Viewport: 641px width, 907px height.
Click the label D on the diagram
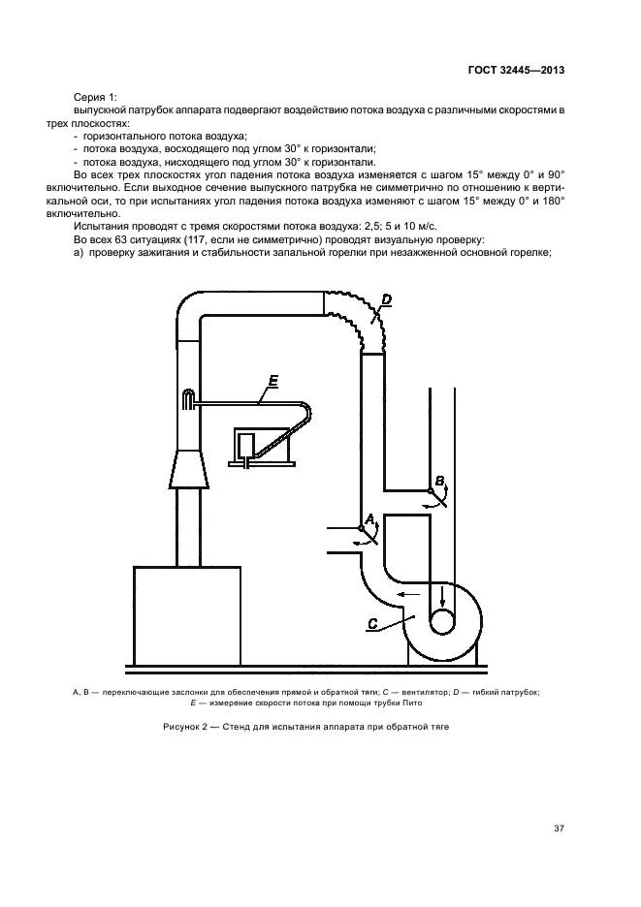[x=385, y=300]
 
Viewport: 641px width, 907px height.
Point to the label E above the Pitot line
[x=272, y=385]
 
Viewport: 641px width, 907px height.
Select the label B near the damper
[x=439, y=481]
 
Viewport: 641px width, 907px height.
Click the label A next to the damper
[x=369, y=519]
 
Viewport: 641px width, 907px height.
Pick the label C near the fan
[x=372, y=623]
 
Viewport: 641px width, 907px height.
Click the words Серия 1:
[x=95, y=98]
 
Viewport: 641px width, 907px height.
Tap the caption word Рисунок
[x=185, y=727]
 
